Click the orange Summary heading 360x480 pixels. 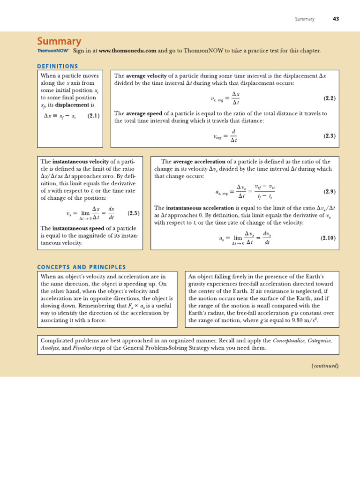pos(59,42)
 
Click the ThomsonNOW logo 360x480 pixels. pos(53,51)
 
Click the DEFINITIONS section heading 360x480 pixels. pos(58,66)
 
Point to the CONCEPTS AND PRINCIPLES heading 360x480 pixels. pos(82,267)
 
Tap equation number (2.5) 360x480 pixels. pos(134,213)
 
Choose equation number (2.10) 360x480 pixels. pos(328,238)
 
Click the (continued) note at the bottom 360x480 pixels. pos(325,366)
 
